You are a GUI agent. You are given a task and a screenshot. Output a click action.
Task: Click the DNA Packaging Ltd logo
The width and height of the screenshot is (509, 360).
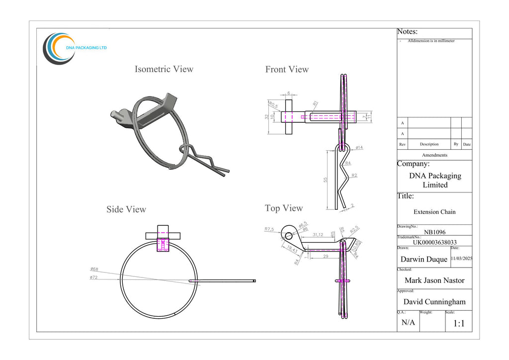(75, 48)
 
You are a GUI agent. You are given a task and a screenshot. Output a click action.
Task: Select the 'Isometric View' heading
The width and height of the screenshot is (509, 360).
(164, 69)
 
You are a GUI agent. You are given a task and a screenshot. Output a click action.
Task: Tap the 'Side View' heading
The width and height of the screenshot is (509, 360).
(126, 209)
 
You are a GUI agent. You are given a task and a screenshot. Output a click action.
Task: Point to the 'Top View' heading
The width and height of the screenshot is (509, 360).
(284, 208)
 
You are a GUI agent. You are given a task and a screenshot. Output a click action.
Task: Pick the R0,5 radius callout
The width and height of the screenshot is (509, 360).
(273, 105)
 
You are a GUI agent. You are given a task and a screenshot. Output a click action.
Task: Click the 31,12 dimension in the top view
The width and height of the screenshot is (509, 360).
(318, 235)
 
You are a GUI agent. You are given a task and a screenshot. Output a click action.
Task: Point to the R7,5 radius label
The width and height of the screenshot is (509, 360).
(269, 229)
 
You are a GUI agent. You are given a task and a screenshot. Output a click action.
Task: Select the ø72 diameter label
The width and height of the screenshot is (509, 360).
(94, 277)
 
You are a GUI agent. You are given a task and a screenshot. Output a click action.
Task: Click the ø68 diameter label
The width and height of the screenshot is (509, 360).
(94, 269)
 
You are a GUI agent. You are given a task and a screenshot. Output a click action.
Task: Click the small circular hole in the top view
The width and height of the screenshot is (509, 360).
(287, 233)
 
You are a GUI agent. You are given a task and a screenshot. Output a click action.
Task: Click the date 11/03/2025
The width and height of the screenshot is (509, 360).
(461, 259)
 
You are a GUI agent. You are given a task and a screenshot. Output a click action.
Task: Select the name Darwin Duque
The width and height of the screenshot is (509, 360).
(424, 259)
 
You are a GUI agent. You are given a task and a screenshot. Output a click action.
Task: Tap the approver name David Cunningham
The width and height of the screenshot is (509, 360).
(434, 301)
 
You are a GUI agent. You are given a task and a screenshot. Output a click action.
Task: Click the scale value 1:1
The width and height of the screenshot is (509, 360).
(459, 324)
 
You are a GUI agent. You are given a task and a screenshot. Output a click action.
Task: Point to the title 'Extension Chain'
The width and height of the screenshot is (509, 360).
(434, 212)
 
